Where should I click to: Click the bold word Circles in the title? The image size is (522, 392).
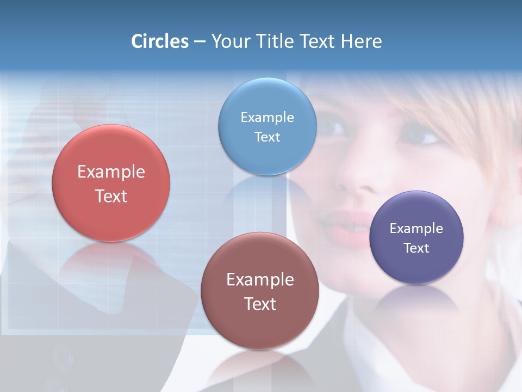pyautogui.click(x=160, y=41)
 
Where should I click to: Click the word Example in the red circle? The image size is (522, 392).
pyautogui.click(x=111, y=172)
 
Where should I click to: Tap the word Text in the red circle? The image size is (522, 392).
pyautogui.click(x=111, y=196)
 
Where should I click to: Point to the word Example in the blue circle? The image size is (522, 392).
pyautogui.click(x=268, y=117)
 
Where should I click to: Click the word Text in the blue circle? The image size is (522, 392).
pyautogui.click(x=268, y=137)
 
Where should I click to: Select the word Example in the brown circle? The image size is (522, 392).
pyautogui.click(x=260, y=280)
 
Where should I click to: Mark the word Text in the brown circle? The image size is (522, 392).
pyautogui.click(x=260, y=304)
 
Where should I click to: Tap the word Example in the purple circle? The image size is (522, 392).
pyautogui.click(x=417, y=229)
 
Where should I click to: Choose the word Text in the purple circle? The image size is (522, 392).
pyautogui.click(x=417, y=248)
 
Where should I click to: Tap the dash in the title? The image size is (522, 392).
pyautogui.click(x=200, y=42)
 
